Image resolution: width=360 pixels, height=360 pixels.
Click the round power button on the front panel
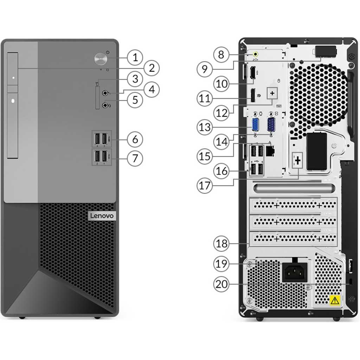[101, 58]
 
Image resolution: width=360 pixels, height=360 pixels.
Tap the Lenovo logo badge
[102, 216]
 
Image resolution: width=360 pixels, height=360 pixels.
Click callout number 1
[135, 57]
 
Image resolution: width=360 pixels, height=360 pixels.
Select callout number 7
[135, 158]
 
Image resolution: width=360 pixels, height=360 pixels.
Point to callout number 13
[205, 127]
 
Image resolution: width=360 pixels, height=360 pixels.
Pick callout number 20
[221, 284]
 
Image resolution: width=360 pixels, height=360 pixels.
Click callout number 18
[221, 243]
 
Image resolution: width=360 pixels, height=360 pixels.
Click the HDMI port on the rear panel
[252, 73]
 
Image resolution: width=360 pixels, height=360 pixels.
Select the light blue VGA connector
[255, 126]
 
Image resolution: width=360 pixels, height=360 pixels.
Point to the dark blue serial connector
[271, 125]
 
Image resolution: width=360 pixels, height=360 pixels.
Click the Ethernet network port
[270, 151]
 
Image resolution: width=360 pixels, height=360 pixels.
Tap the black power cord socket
[294, 272]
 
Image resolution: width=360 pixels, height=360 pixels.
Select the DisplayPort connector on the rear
[252, 95]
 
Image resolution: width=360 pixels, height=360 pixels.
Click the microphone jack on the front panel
[105, 93]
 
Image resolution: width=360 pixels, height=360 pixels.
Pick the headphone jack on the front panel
[105, 105]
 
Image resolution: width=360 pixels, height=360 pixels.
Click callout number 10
[221, 84]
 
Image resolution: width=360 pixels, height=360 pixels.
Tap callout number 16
[221, 171]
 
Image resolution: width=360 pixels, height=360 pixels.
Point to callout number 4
[152, 89]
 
